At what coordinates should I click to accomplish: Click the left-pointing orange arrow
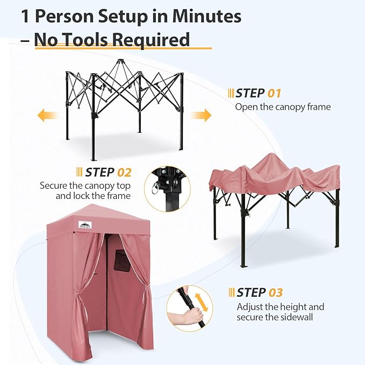click(48, 116)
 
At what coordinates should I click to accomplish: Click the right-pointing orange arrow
click(201, 115)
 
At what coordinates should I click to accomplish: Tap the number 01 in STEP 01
click(274, 94)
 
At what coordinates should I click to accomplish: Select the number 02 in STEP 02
click(124, 173)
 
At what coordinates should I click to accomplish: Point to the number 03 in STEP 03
click(276, 292)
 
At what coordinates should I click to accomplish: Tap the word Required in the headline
click(151, 40)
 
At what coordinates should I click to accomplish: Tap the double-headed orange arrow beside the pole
click(201, 302)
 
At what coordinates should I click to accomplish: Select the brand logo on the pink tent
click(85, 224)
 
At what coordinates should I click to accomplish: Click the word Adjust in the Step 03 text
click(250, 307)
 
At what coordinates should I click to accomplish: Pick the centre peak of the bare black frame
click(120, 61)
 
